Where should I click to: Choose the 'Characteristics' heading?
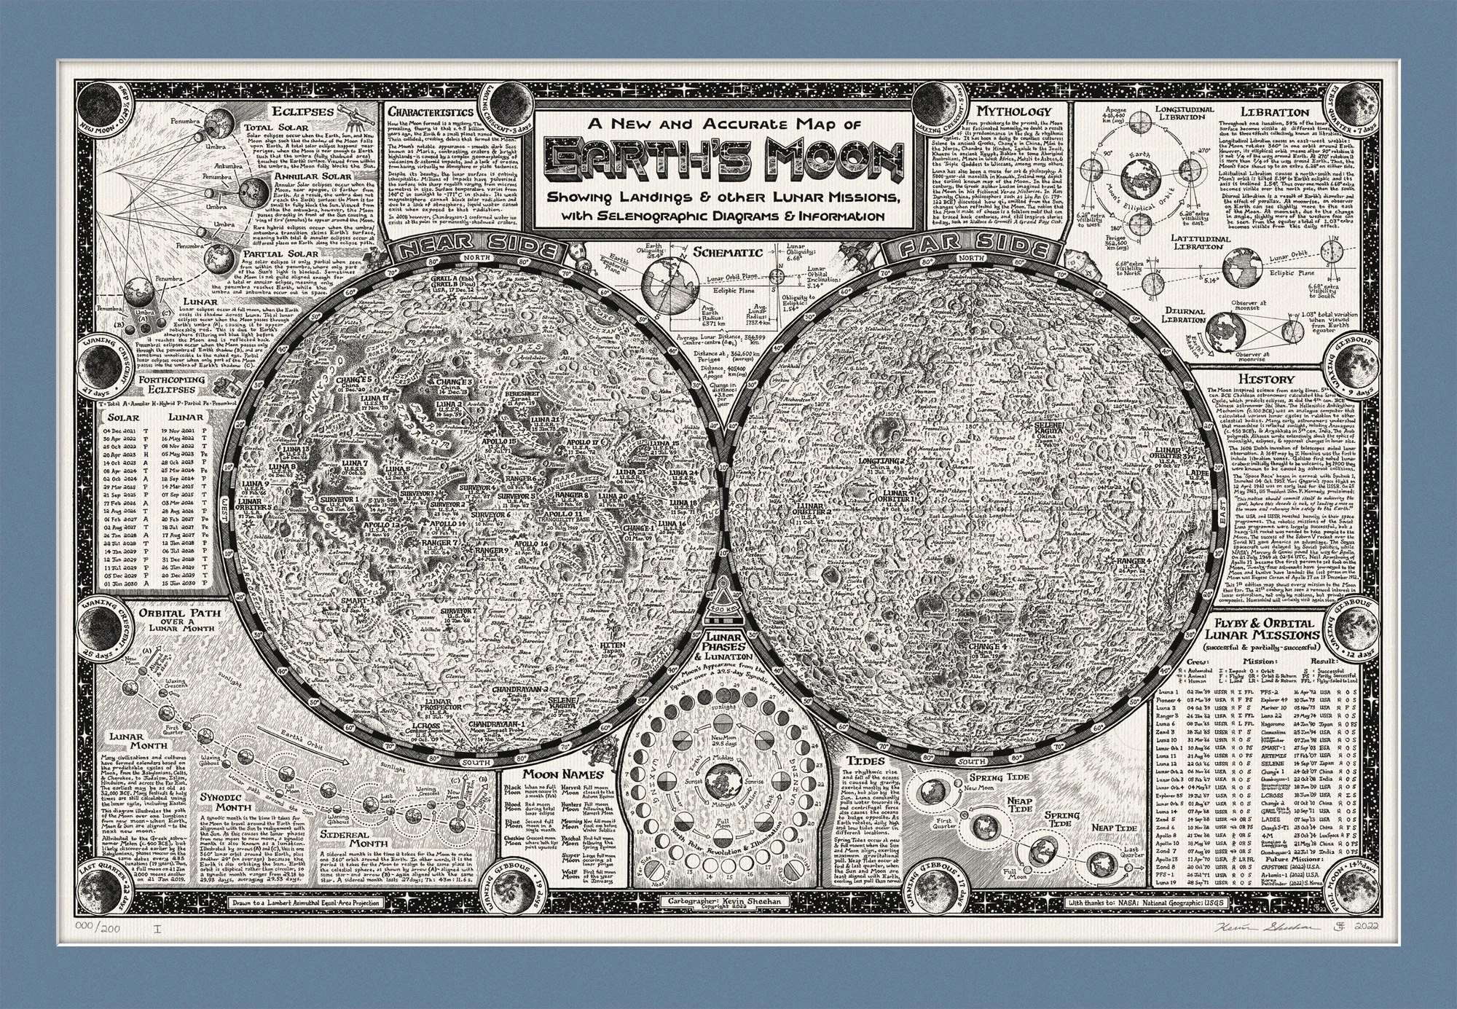[x=430, y=112]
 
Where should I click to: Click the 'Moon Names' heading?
[x=555, y=774]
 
